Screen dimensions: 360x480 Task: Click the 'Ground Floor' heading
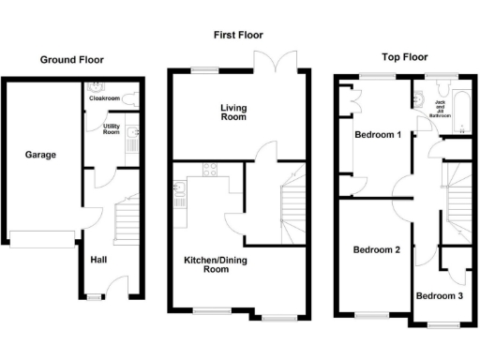[71, 60]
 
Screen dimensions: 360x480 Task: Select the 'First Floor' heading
[238, 35]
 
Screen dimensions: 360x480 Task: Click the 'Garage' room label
[40, 155]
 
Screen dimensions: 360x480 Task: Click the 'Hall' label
[98, 260]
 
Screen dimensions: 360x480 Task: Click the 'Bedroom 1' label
[377, 135]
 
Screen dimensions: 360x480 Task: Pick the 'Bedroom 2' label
[377, 250]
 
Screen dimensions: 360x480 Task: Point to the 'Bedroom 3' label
[440, 296]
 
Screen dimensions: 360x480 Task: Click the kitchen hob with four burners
[208, 171]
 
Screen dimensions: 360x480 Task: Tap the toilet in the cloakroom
[133, 96]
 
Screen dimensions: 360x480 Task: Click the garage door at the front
[39, 239]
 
